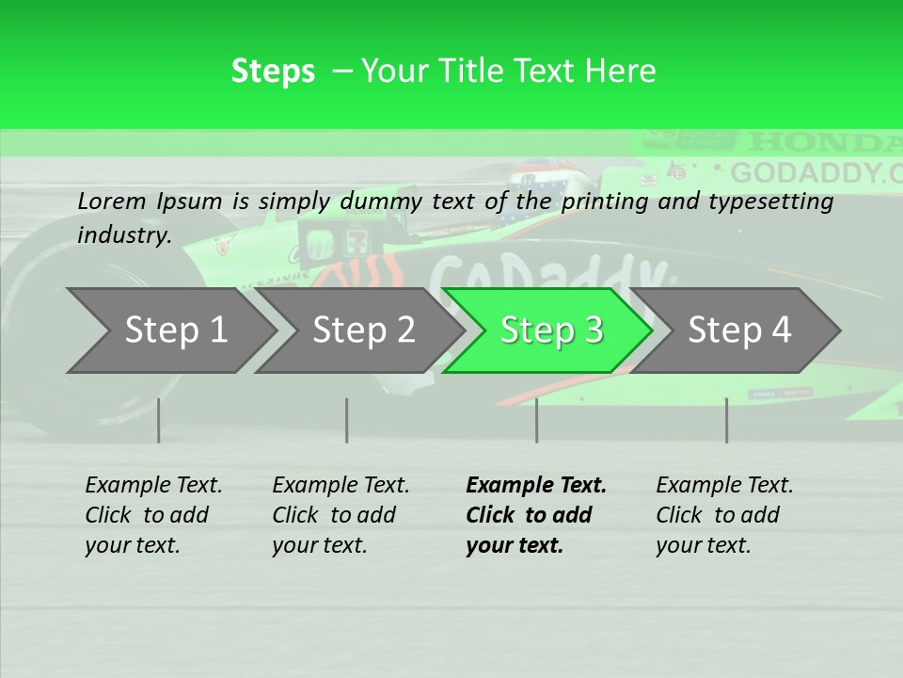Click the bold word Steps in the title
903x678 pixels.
coord(273,72)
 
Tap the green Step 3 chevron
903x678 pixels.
coord(551,330)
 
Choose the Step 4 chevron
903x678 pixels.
coord(739,330)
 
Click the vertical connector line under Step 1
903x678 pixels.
coord(158,420)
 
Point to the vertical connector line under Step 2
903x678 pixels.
coord(347,420)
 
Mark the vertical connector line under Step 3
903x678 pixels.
coord(536,420)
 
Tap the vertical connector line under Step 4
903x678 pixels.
coord(726,420)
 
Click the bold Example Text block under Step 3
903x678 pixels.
coord(535,515)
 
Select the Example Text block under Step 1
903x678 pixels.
coord(153,515)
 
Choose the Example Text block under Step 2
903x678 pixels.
coord(341,515)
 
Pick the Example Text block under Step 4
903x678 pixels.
coord(724,515)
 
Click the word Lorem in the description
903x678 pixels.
coord(112,201)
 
